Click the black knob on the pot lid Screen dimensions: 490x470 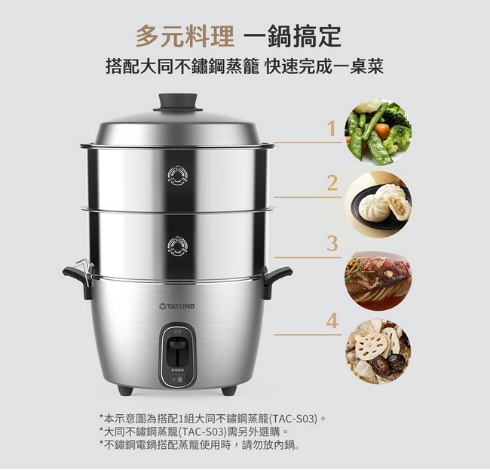coord(177,103)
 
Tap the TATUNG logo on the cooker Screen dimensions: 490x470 coord(177,306)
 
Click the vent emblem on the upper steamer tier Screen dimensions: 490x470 coord(177,175)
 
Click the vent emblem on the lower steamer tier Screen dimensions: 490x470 coord(177,245)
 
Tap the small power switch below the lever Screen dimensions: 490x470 coord(177,379)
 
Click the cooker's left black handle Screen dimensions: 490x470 coord(78,279)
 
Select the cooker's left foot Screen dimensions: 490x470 coord(125,391)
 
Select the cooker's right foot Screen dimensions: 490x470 coord(228,391)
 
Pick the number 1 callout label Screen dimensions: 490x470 coord(332,128)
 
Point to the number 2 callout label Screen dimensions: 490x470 coord(332,183)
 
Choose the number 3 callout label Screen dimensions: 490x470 coord(332,243)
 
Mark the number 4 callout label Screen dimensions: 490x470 coord(332,321)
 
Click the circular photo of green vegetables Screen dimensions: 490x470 coord(378,132)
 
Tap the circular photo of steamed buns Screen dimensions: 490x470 coord(378,204)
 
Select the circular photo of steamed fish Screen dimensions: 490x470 coord(378,281)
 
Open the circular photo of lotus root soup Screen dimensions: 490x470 coord(378,352)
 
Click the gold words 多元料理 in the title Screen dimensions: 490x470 coord(185,36)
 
